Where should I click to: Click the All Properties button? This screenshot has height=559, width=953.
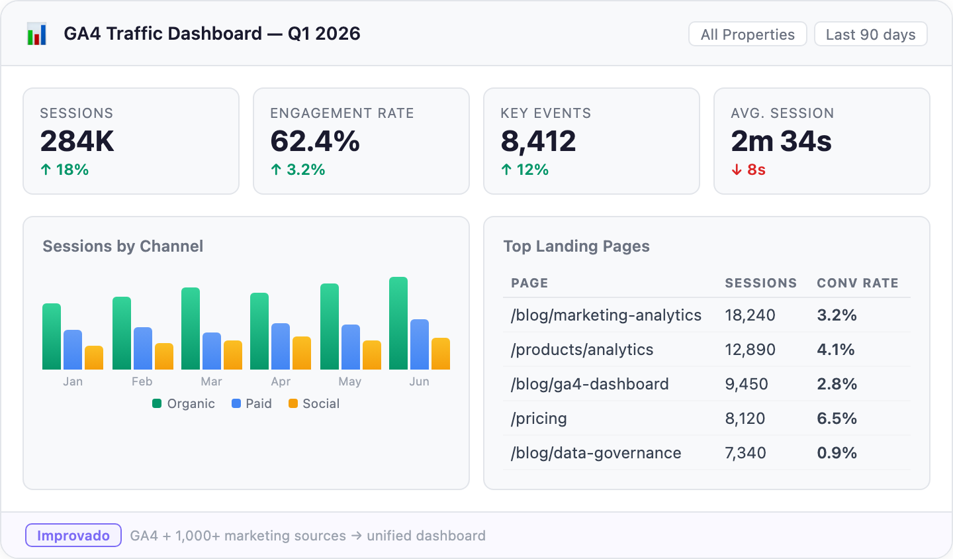click(x=747, y=34)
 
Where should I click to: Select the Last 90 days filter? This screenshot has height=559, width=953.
click(x=870, y=34)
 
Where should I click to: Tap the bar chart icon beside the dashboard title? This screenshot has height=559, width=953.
click(x=37, y=34)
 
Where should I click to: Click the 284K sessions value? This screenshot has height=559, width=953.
click(x=77, y=141)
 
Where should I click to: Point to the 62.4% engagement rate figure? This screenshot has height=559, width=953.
click(x=315, y=141)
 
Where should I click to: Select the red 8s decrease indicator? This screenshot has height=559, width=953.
click(x=749, y=170)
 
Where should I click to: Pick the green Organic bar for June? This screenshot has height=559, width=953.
click(x=398, y=323)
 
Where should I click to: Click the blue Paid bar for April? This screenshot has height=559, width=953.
click(x=281, y=346)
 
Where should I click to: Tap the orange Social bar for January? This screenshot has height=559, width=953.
click(x=94, y=358)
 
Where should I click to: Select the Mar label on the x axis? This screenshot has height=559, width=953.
click(x=211, y=381)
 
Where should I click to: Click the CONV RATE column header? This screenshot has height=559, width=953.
click(x=857, y=283)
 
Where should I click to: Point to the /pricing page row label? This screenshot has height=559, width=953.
click(x=539, y=419)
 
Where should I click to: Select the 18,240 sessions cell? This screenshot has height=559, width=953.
click(x=750, y=315)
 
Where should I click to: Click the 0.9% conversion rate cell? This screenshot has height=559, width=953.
click(x=837, y=453)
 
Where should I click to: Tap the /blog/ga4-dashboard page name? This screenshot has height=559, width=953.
click(x=590, y=384)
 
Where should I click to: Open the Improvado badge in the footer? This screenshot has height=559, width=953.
click(x=73, y=535)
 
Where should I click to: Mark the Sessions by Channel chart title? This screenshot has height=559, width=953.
click(x=123, y=246)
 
